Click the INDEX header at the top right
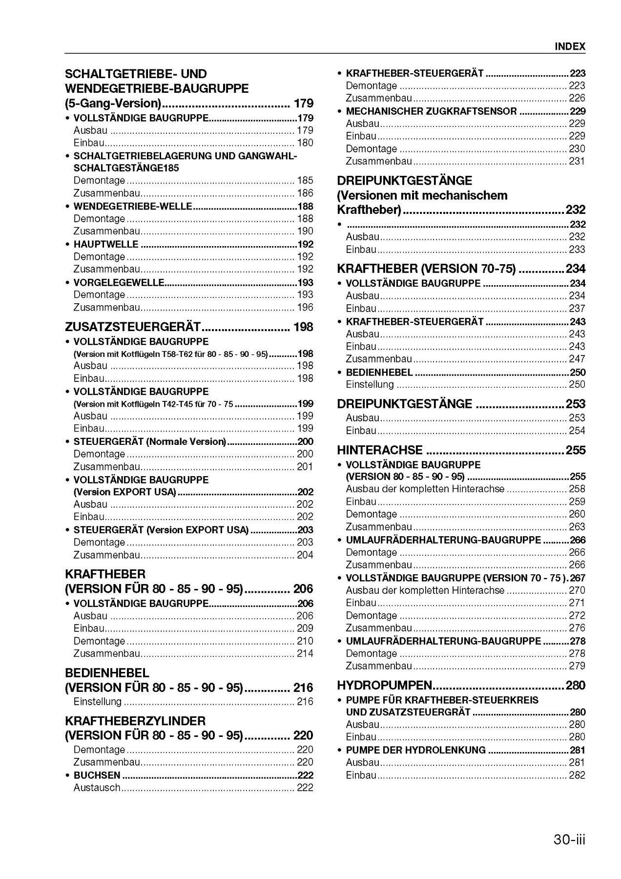(x=569, y=46)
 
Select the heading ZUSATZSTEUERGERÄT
(x=133, y=327)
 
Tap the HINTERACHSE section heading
(x=380, y=450)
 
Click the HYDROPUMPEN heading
(x=385, y=685)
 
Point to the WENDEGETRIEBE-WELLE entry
(x=132, y=207)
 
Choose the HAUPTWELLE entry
(x=106, y=244)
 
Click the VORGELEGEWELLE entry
(x=119, y=282)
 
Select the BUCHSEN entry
(x=97, y=775)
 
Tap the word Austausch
(x=97, y=787)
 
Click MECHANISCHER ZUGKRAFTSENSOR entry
(x=431, y=111)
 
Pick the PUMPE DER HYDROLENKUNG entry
(x=416, y=750)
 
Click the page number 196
(x=305, y=307)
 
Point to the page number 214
(x=305, y=653)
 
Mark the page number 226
(x=577, y=98)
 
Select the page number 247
(x=577, y=358)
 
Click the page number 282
(x=577, y=775)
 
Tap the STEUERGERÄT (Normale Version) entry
(x=149, y=441)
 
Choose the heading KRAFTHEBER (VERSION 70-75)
(x=426, y=269)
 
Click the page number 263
(x=577, y=527)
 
